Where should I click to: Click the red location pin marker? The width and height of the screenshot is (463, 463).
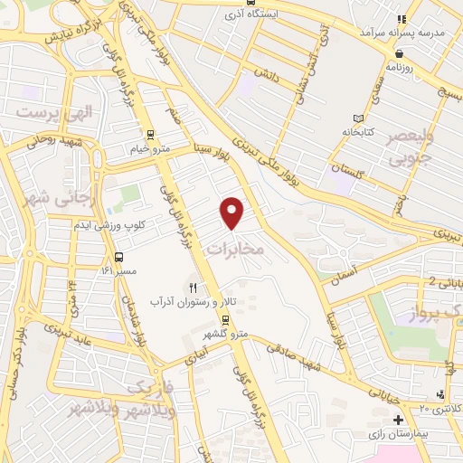[232, 213]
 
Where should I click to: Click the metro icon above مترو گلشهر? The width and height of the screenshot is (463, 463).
[226, 322]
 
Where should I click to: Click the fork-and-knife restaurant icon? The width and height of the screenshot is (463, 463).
[192, 288]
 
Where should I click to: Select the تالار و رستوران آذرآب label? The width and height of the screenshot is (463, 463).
[192, 300]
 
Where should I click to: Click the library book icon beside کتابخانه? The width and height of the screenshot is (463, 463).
[359, 118]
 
